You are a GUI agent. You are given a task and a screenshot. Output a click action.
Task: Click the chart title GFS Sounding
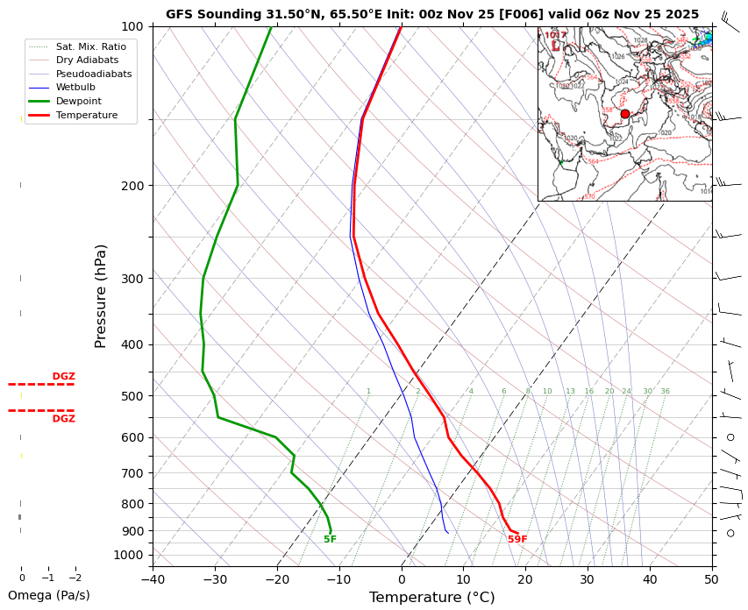point(432,14)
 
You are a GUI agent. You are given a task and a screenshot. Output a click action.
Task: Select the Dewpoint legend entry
point(80,101)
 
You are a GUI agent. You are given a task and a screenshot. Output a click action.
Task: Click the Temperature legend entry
point(86,115)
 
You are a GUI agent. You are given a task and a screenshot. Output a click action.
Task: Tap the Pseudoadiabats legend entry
point(93,74)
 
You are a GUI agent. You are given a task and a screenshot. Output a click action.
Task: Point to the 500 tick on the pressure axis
point(132,396)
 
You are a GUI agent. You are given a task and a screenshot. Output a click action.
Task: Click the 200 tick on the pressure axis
point(132,186)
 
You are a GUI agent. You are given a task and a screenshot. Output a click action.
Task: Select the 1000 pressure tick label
point(128,555)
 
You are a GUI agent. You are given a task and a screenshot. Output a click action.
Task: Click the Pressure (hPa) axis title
point(101,295)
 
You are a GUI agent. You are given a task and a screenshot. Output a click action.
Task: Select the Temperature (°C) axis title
point(431,598)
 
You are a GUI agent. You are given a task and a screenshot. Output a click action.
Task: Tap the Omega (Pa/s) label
point(48,596)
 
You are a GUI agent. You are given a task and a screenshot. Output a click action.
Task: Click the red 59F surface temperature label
point(517,540)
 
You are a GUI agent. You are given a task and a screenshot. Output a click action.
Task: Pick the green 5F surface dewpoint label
point(330,540)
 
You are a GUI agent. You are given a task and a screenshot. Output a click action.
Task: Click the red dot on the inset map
point(625,114)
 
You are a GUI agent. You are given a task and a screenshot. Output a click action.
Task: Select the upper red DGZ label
point(63,376)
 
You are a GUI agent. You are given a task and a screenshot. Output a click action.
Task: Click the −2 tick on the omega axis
point(75,578)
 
